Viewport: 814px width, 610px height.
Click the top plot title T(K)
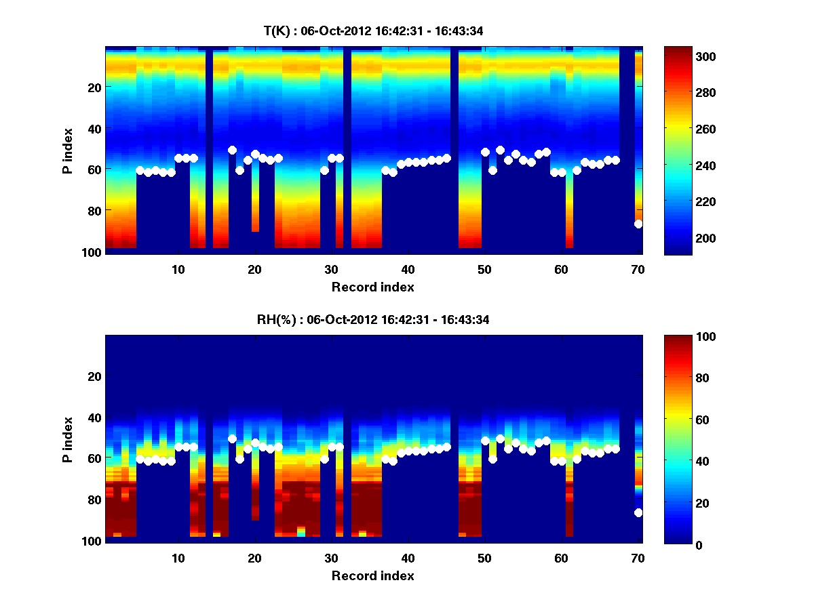373,30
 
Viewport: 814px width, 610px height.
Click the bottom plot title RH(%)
373,319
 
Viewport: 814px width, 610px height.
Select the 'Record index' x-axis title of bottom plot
372,575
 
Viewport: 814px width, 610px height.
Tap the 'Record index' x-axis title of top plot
372,287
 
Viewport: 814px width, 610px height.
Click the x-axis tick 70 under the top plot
637,269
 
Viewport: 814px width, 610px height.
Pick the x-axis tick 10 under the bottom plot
178,558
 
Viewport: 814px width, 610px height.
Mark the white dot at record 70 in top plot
638,224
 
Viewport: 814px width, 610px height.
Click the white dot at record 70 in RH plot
638,512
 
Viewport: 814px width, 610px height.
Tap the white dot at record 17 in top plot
232,150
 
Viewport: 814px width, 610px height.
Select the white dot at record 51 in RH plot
492,459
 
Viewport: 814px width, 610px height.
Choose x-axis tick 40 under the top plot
408,269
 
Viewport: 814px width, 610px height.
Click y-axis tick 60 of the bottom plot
94,458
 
